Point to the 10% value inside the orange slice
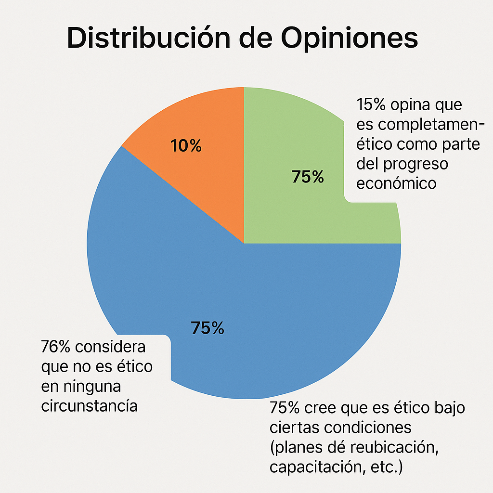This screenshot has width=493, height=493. click(186, 146)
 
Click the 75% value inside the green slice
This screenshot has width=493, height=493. click(308, 177)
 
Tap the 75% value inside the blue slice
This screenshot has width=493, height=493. click(208, 328)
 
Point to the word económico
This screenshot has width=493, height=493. click(396, 183)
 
